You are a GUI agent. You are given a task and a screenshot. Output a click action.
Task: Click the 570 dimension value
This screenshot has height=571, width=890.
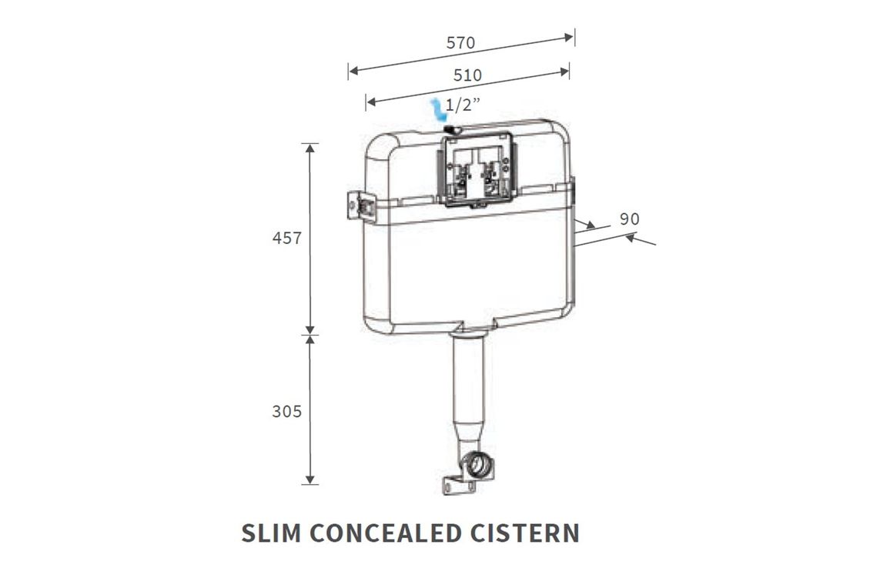click(x=460, y=42)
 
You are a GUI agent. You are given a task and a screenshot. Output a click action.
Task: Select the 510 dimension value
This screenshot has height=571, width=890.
click(x=467, y=75)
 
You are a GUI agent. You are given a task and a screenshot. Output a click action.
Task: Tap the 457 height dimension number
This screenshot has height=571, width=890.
click(x=286, y=238)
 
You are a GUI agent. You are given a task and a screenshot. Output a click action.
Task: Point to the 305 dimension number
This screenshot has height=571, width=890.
click(x=286, y=411)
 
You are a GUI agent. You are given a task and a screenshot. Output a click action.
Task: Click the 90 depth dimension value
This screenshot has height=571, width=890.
click(x=630, y=219)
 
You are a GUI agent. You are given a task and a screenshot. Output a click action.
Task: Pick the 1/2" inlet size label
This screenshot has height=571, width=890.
click(x=463, y=105)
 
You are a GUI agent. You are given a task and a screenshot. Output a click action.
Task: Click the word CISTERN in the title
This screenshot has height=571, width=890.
click(x=524, y=533)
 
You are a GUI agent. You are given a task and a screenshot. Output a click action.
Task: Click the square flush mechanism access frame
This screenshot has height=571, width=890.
click(x=477, y=169)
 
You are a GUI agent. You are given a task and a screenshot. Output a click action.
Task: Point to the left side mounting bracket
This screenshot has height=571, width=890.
click(x=361, y=205)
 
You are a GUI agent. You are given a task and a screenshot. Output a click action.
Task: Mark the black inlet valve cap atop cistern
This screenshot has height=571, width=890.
click(x=453, y=130)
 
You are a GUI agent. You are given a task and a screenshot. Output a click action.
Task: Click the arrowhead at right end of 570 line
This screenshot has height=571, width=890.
click(x=568, y=38)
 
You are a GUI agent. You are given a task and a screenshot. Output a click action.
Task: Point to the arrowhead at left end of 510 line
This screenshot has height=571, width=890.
click(x=370, y=102)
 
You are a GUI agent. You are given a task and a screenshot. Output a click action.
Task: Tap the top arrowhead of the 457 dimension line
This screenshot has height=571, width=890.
click(x=309, y=149)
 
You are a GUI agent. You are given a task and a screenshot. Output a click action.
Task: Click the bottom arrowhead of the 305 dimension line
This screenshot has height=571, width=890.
click(x=309, y=479)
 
